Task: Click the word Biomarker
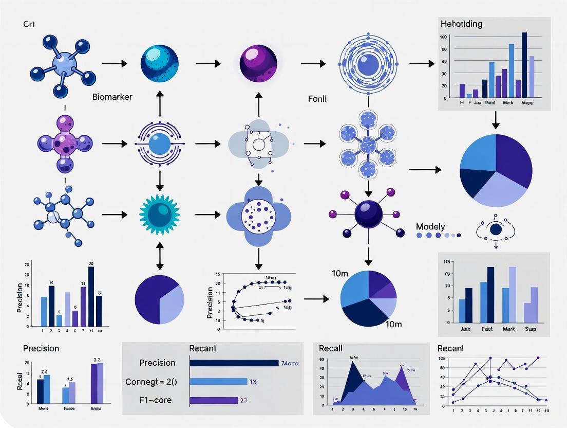coord(112,97)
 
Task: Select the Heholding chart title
coord(461,24)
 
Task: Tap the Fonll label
coord(317,98)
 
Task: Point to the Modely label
coord(430,226)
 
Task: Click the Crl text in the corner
coord(29,24)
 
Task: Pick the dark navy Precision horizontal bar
coord(234,363)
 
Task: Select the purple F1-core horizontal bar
coord(214,400)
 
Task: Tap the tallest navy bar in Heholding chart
coord(524,65)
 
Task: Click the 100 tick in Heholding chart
coord(443,37)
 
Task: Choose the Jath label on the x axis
coord(465,328)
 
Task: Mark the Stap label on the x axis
coord(531,328)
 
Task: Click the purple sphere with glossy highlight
coord(258,63)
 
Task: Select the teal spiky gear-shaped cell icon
coord(160,213)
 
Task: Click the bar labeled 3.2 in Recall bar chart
coord(97,383)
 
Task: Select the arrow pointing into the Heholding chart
coord(421,64)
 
